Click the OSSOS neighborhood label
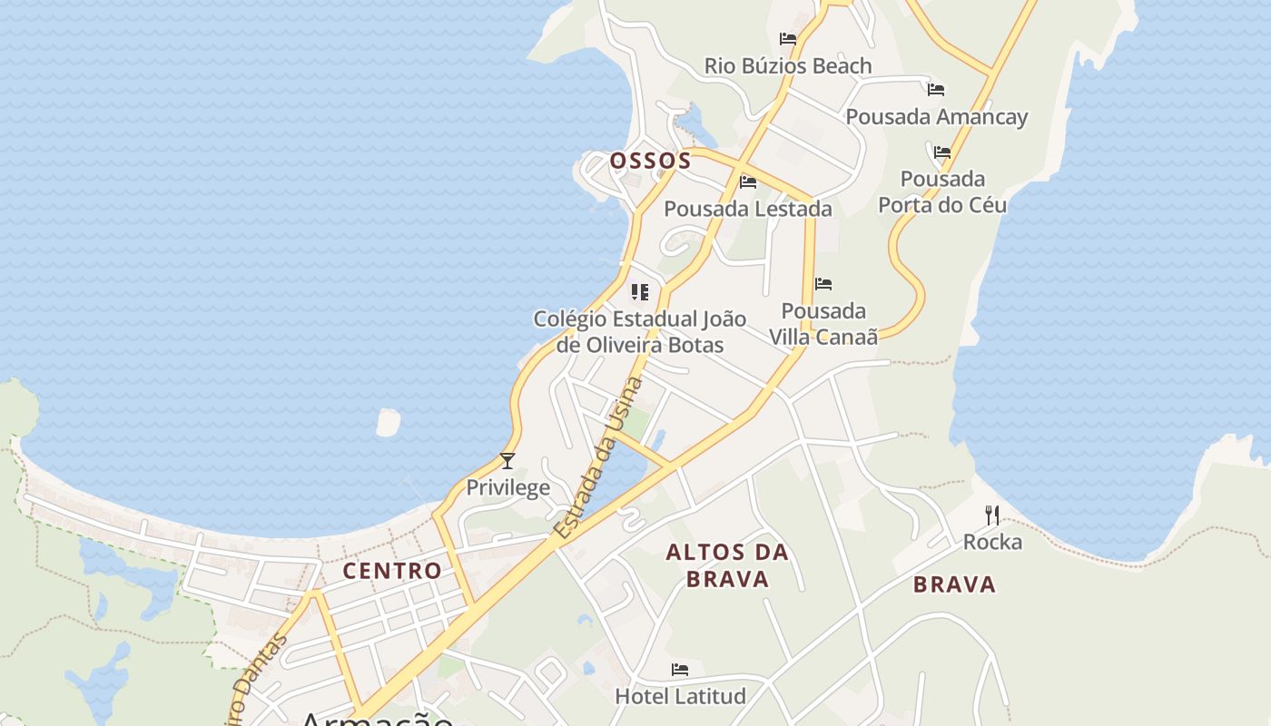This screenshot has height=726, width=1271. click(650, 162)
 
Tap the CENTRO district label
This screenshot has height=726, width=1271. click(392, 571)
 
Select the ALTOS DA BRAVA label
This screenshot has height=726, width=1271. click(727, 565)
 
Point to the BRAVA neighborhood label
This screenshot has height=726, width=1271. click(954, 584)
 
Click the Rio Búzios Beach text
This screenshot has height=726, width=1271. click(788, 66)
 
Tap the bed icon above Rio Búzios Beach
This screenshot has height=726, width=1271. click(788, 39)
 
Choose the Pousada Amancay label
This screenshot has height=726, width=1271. click(936, 117)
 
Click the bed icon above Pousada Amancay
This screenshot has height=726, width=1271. click(936, 90)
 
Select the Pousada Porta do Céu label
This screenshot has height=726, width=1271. click(942, 191)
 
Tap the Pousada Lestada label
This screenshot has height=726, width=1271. click(747, 209)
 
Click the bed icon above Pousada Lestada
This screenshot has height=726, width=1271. click(748, 182)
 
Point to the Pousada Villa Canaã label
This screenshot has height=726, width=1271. click(823, 324)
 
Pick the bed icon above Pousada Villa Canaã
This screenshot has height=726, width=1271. click(823, 284)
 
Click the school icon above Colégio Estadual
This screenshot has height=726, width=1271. click(640, 292)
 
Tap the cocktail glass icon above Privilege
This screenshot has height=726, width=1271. click(507, 461)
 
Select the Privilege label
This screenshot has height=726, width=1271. click(507, 487)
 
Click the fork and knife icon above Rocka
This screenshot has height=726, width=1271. click(992, 515)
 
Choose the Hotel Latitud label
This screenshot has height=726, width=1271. click(680, 696)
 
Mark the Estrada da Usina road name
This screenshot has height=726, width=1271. click(599, 458)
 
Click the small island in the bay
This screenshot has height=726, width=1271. click(388, 422)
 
